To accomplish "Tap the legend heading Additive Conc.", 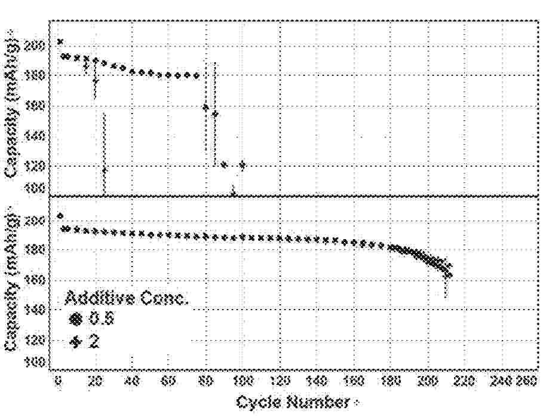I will tap(126, 298).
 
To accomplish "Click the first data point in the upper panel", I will tap(60, 41).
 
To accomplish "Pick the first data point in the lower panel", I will tap(60, 216).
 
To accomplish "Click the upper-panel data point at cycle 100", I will tap(242, 165).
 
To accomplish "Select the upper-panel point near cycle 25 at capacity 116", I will tap(105, 170).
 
